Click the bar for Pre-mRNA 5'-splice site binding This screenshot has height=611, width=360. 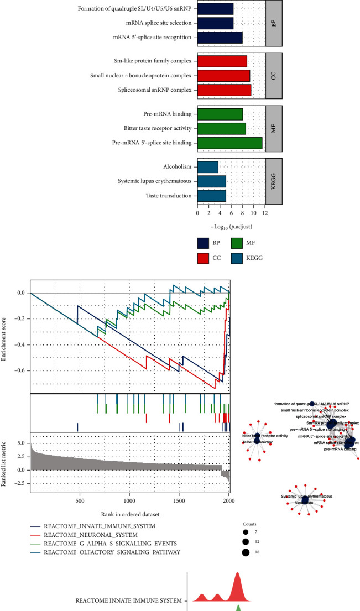pos(229,143)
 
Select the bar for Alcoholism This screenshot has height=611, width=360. pos(207,166)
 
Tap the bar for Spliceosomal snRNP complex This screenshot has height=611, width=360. pos(224,90)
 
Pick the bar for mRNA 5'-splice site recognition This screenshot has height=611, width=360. pos(220,38)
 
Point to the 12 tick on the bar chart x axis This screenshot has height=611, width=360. pos(265,212)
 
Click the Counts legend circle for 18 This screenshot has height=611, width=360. pos(245,552)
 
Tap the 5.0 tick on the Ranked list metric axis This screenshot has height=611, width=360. pos(20,443)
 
